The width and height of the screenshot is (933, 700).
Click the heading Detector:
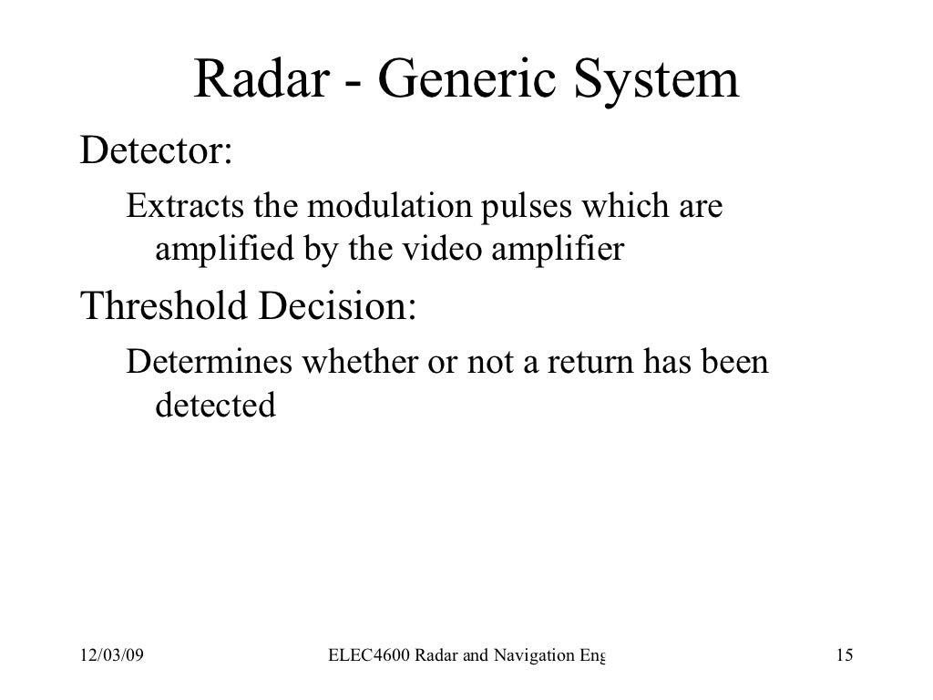156,151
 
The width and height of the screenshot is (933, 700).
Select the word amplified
220,249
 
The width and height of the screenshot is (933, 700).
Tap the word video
431,248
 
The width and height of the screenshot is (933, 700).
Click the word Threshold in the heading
163,308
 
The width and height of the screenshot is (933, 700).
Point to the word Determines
209,364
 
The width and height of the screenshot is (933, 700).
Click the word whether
359,364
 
